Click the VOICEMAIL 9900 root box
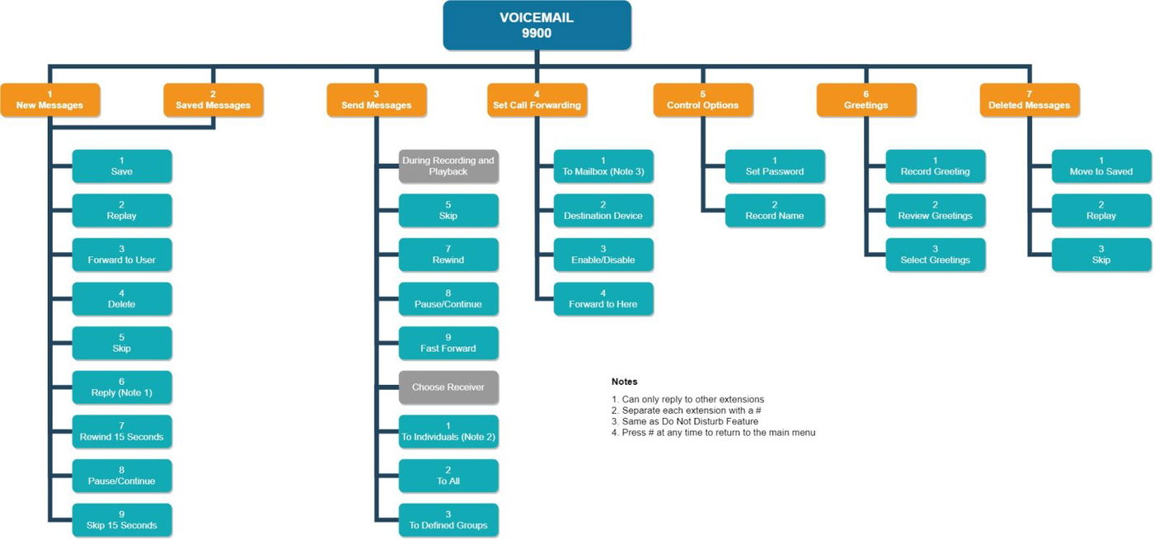pos(537,26)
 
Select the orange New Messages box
pos(49,100)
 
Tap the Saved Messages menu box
pos(213,100)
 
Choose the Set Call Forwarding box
pos(537,100)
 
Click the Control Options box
pos(702,100)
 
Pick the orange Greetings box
pos(865,100)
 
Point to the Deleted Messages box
pos(1029,100)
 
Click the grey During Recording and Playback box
pos(448,166)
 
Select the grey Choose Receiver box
pos(448,387)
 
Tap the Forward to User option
pos(122,255)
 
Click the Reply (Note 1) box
pos(122,387)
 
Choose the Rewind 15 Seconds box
pos(122,432)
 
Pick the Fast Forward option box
pos(448,343)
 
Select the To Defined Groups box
pos(448,520)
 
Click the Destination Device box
pos(603,210)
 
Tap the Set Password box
pos(775,166)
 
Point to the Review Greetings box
pos(935,210)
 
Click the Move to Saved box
pos(1101,166)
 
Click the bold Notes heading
pos(624,382)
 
